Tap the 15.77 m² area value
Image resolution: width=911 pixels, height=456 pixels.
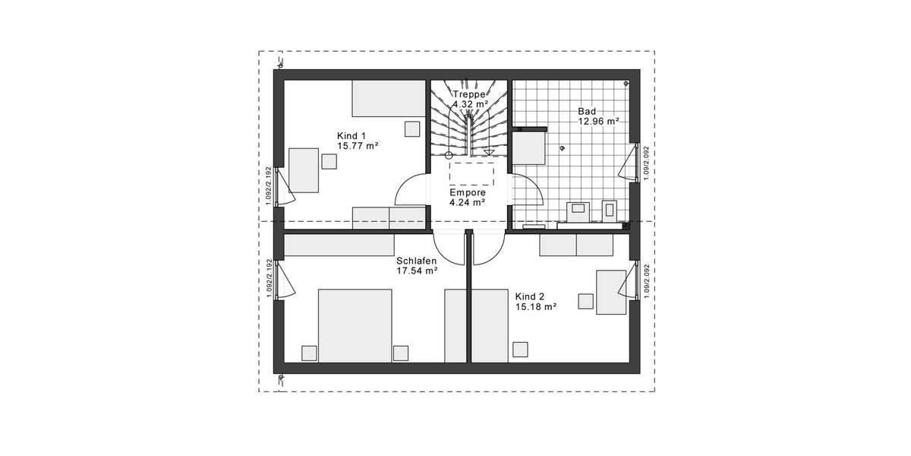358,146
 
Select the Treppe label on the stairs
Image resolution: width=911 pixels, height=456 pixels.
469,94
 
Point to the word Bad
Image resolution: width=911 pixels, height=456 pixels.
587,111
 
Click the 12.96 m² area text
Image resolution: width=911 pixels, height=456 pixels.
599,121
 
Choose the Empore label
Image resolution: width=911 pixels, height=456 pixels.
467,193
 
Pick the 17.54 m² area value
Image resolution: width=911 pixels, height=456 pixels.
417,271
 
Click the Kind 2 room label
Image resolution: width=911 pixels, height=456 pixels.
530,296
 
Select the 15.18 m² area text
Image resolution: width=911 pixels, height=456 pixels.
536,307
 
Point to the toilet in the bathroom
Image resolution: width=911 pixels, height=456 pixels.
608,210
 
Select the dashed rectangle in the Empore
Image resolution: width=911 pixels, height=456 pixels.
471,173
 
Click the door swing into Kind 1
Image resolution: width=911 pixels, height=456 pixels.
414,190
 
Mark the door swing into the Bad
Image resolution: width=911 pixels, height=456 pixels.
528,191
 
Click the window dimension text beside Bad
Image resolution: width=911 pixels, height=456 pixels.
646,163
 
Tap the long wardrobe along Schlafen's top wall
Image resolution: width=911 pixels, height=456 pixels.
339,245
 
